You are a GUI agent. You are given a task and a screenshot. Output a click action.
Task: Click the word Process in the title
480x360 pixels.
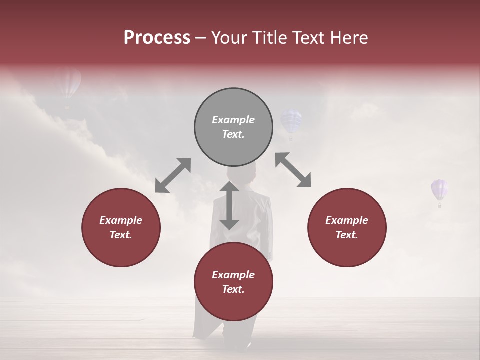pyautogui.click(x=157, y=38)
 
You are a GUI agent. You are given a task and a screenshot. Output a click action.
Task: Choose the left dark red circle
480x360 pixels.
pyautogui.click(x=121, y=227)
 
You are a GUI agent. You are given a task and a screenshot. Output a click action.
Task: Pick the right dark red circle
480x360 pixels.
pyautogui.click(x=347, y=227)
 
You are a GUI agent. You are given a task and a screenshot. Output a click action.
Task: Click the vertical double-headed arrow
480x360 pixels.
pyautogui.click(x=229, y=205)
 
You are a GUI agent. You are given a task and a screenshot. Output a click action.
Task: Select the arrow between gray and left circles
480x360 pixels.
pyautogui.click(x=173, y=175)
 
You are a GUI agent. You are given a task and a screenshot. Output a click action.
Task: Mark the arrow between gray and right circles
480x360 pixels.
pyautogui.click(x=293, y=170)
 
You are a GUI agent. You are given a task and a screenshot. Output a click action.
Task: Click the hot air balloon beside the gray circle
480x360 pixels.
pyautogui.click(x=290, y=123)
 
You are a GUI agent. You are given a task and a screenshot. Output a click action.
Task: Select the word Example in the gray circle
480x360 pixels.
pyautogui.click(x=233, y=120)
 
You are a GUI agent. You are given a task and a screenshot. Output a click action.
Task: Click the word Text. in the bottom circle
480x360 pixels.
pyautogui.click(x=233, y=289)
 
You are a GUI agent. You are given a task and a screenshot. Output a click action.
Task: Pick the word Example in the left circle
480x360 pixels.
pyautogui.click(x=121, y=220)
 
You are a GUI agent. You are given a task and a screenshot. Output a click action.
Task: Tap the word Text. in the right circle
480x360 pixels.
pyautogui.click(x=347, y=235)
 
